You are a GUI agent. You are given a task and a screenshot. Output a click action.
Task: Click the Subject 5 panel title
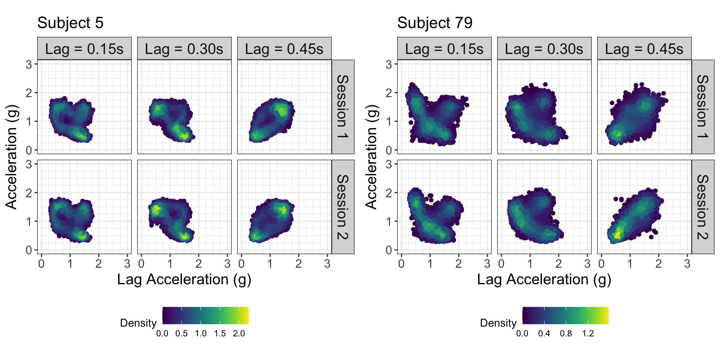tap(70, 23)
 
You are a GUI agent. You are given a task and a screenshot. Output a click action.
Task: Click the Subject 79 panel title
tap(435, 23)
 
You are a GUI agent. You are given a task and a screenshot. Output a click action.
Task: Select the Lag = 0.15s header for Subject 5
tap(84, 49)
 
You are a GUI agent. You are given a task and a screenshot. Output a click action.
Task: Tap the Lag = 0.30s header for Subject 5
tap(184, 49)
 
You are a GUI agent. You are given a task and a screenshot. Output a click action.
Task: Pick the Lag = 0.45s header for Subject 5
tap(284, 49)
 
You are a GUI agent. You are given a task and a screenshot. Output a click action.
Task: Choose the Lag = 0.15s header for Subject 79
tap(444, 49)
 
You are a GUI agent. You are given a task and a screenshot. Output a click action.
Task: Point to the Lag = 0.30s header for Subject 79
tap(544, 49)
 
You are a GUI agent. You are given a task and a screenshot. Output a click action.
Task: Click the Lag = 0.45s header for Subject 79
tap(644, 49)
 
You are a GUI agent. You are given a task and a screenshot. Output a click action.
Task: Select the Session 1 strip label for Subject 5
tap(343, 107)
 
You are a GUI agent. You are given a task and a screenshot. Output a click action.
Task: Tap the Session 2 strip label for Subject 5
tap(343, 207)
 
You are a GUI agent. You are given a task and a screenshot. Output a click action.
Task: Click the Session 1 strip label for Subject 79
tap(703, 107)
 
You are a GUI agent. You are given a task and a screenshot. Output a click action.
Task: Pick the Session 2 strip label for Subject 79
tap(703, 207)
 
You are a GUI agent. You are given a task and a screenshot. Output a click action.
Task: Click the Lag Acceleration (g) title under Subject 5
tap(184, 280)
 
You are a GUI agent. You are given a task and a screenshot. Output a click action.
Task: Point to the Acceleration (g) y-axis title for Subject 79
tap(371, 157)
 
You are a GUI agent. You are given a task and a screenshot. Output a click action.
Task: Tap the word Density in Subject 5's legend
tap(138, 323)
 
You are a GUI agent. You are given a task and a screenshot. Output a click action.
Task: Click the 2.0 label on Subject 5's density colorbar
tap(239, 334)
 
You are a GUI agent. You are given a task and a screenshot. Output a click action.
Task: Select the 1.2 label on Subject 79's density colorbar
tap(588, 334)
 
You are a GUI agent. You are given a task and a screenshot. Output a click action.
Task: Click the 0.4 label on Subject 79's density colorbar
tap(544, 334)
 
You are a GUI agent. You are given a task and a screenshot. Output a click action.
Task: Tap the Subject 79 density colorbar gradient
tap(565, 315)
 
